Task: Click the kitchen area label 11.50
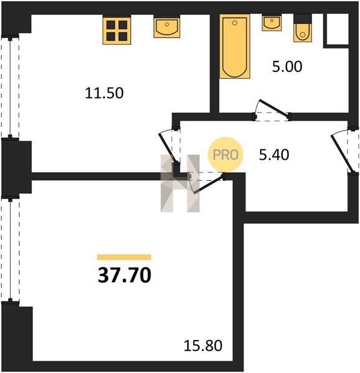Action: point(104,93)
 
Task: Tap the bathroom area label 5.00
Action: point(287,67)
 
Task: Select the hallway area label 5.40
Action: point(274,155)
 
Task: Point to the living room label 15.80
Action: point(203,346)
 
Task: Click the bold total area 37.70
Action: point(124,275)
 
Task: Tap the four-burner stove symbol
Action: point(117,30)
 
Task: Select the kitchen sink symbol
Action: point(167,27)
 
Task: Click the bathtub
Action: point(234,47)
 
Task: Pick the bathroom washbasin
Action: point(272,22)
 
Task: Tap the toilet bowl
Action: point(302,29)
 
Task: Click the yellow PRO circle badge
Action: point(226,155)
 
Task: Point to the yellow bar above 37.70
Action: point(124,257)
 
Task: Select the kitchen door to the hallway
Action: point(169,147)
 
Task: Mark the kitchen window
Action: point(10,87)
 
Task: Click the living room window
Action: point(10,250)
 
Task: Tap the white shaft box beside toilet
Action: point(338,29)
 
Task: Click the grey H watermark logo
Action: point(180,183)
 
